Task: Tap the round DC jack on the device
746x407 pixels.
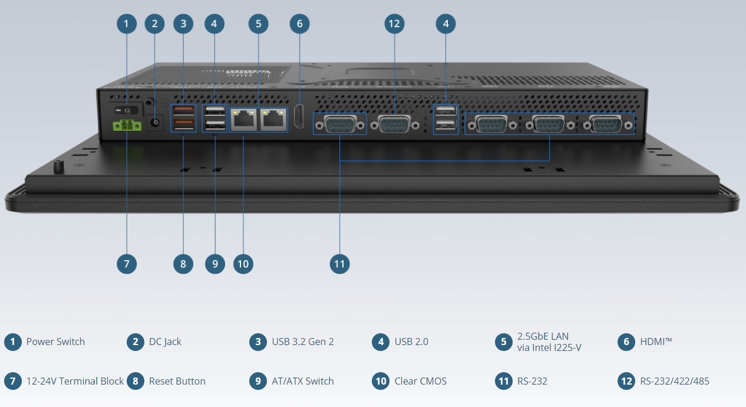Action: point(155,123)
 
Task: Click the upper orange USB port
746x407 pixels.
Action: point(183,110)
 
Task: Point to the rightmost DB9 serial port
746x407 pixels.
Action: point(606,124)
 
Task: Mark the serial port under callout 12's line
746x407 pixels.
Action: point(394,124)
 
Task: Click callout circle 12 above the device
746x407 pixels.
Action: point(394,24)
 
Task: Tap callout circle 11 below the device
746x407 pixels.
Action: point(339,264)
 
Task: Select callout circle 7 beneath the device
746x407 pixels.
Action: point(127,264)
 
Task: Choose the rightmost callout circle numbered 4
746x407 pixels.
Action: point(446,24)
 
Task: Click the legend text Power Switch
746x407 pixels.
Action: point(55,342)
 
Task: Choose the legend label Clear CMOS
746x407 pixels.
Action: point(420,381)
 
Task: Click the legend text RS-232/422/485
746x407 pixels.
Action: point(674,381)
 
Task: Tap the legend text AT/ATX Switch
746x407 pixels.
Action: point(302,381)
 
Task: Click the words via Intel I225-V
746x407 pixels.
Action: point(549,347)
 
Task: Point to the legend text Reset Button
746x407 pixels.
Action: point(177,381)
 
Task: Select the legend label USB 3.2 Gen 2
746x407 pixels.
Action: point(302,342)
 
